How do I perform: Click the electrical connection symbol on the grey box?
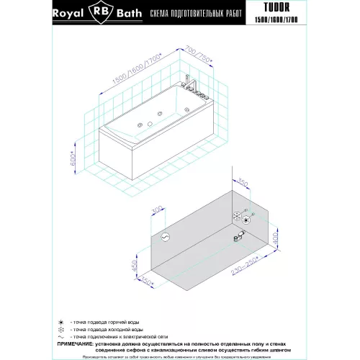pyautogui.click(x=164, y=236)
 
